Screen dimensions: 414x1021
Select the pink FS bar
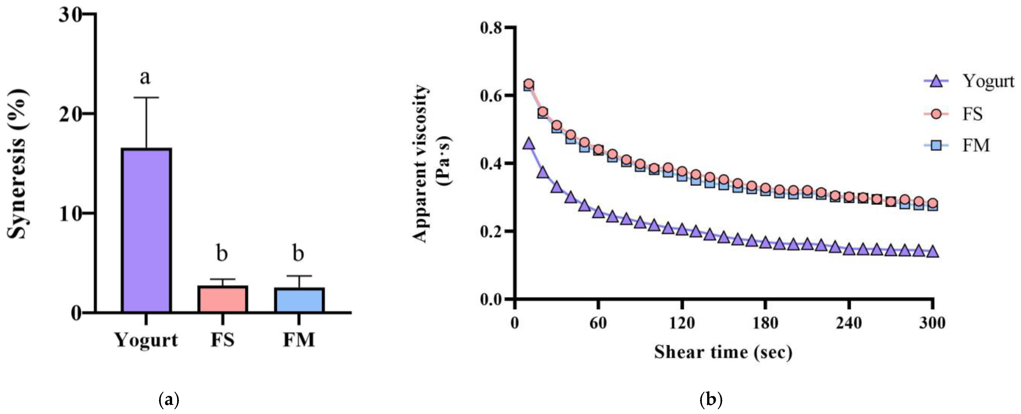click(x=222, y=299)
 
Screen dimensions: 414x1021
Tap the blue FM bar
click(x=299, y=300)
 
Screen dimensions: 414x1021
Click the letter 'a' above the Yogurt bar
click(x=145, y=77)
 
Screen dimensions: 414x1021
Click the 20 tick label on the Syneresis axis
click(x=70, y=113)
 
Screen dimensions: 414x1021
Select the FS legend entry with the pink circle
click(x=959, y=114)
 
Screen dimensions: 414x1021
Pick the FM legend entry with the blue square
click(x=959, y=146)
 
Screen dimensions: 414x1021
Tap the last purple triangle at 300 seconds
click(x=933, y=252)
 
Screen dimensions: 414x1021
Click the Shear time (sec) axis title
click(x=723, y=352)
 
